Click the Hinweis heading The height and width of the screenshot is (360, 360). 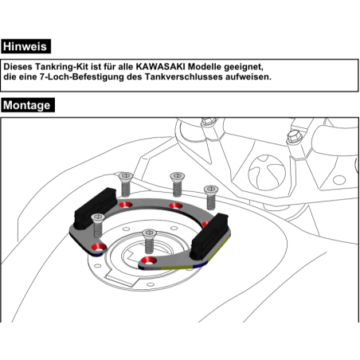click(x=25, y=46)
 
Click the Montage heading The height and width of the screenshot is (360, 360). click(x=28, y=105)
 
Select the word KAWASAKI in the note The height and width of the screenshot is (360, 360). click(x=160, y=66)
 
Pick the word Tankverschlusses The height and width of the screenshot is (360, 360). click(x=184, y=77)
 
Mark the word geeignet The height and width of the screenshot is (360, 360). click(x=244, y=67)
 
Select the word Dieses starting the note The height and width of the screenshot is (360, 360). click(x=18, y=66)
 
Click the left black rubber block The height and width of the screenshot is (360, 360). click(x=95, y=209)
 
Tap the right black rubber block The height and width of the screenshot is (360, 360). click(x=209, y=237)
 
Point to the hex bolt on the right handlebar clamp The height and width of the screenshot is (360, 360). click(x=295, y=136)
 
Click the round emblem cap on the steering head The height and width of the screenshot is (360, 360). click(x=267, y=173)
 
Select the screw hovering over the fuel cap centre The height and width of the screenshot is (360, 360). click(x=150, y=241)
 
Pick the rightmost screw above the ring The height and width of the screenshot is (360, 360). click(x=211, y=198)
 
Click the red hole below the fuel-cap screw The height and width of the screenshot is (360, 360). click(x=148, y=260)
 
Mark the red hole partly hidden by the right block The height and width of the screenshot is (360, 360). click(x=205, y=224)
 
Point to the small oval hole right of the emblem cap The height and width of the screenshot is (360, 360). click(x=339, y=180)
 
